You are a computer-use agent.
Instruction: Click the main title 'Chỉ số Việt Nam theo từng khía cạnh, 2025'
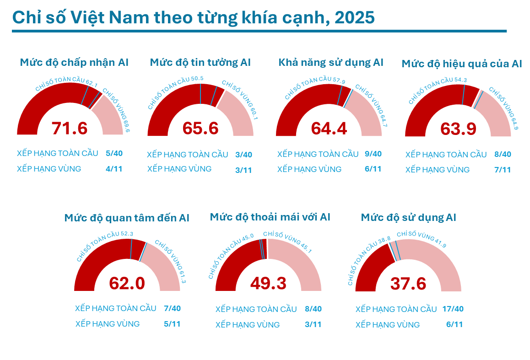coord(193,17)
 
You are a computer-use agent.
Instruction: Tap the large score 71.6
coord(70,128)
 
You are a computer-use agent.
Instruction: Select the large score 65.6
coord(200,128)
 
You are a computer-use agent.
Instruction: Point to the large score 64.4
coord(329,128)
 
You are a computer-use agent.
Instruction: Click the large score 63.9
coord(459,129)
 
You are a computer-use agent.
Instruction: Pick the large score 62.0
coord(127,283)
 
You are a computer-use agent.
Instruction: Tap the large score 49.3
coord(268,283)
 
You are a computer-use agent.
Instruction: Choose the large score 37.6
coord(408,284)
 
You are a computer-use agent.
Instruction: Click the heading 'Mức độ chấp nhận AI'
coord(74,62)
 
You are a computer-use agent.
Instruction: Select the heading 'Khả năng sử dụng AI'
coord(331,62)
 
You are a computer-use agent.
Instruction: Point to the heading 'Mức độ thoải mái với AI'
coord(270,216)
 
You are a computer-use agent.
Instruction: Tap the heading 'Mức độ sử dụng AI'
coord(408,217)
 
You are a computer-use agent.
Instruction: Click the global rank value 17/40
coord(453,309)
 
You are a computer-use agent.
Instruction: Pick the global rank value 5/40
coord(114,153)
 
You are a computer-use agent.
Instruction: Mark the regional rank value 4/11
coord(114,169)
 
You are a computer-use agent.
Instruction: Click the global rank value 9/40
coord(373,154)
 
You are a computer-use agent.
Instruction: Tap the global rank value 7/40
coord(172,308)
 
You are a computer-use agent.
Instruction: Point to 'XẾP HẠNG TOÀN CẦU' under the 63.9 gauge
coord(446,155)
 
